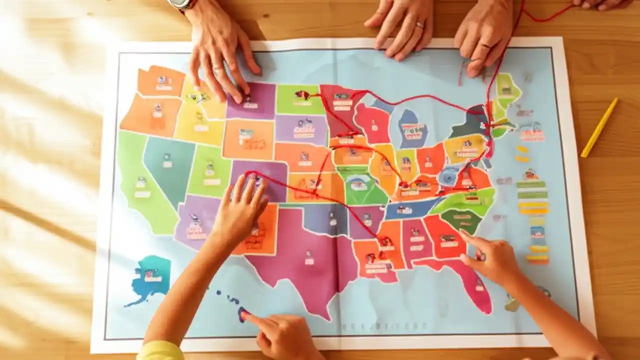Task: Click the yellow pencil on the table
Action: click(x=599, y=127)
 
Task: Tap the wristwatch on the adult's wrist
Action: click(x=181, y=4)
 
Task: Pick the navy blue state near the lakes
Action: click(x=413, y=128)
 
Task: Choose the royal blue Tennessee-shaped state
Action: click(x=407, y=208)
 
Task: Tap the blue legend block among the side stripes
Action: click(x=537, y=232)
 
